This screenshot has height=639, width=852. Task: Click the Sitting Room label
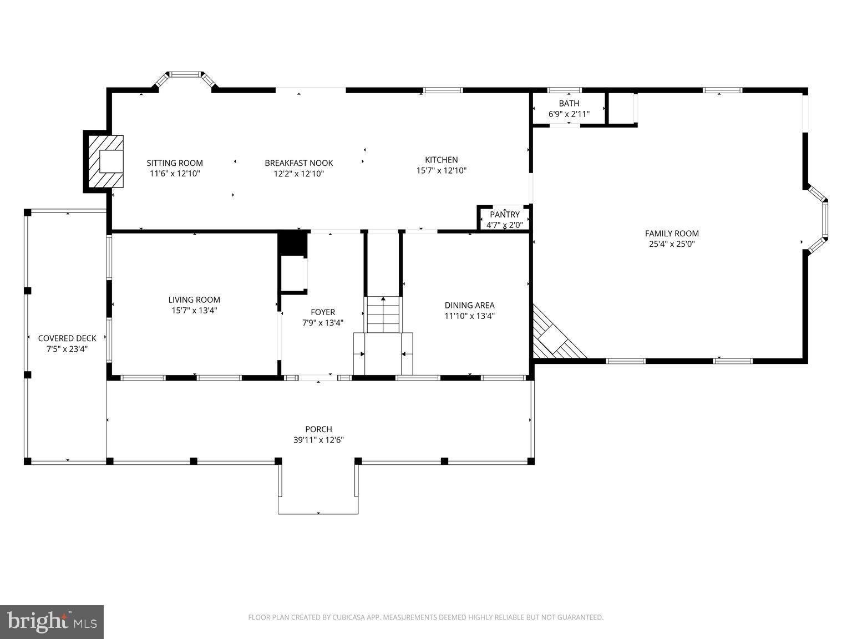point(175,163)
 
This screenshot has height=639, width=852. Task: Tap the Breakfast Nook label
point(298,163)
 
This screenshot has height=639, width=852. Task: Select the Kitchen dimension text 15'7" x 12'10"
point(441,171)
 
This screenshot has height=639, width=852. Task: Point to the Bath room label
point(569,104)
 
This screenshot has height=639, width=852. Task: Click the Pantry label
point(505,215)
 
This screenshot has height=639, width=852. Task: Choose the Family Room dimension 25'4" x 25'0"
point(671,244)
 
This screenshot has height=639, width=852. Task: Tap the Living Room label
point(194,300)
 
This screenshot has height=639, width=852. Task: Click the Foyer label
point(322,312)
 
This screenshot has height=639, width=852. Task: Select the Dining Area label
point(469,306)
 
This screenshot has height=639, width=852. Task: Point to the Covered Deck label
point(67,338)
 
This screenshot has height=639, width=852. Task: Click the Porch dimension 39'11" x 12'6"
point(318,440)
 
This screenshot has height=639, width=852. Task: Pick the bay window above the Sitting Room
point(185,78)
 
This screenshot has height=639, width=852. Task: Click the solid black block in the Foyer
point(292,243)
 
